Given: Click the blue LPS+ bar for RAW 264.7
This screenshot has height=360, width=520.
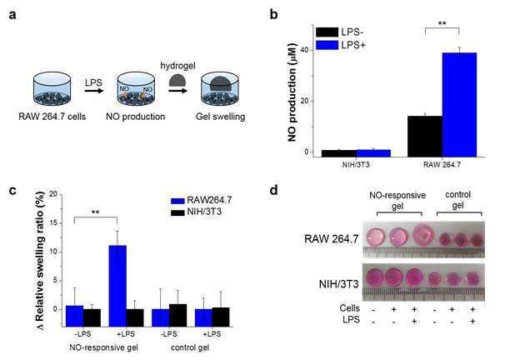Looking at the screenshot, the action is (460, 105).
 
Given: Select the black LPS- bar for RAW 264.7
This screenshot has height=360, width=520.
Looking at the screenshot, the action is (425, 136).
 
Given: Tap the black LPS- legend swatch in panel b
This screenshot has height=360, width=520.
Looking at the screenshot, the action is (327, 32).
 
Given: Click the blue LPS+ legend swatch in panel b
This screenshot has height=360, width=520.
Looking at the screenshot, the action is (327, 45).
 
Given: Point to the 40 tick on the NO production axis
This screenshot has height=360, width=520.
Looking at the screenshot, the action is (304, 50).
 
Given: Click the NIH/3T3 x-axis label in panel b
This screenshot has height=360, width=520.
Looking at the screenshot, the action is (356, 164).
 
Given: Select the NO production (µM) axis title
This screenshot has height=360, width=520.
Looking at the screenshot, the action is (292, 92).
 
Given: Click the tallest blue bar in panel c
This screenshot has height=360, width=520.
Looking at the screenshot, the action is (117, 286).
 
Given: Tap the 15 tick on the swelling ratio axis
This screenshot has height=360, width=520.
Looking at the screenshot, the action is (53, 223).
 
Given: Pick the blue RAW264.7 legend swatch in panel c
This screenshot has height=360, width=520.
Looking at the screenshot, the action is (177, 201).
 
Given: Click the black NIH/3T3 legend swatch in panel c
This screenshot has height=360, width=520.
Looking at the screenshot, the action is (177, 212).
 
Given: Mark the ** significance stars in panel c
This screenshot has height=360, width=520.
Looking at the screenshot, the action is (96, 212).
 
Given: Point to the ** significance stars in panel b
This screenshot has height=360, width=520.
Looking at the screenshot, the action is (442, 23).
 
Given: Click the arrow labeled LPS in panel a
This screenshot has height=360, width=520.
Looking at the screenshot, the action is (94, 90).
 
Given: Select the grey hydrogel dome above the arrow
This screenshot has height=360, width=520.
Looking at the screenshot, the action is (177, 80).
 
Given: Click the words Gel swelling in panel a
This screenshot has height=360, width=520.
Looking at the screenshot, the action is (221, 117).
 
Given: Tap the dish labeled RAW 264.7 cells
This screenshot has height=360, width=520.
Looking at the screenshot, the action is (52, 88).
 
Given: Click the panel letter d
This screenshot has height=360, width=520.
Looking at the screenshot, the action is (273, 191).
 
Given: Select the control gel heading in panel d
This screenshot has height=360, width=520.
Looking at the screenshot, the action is (458, 200).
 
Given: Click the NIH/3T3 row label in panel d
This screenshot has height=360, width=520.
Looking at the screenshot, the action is (338, 284).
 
